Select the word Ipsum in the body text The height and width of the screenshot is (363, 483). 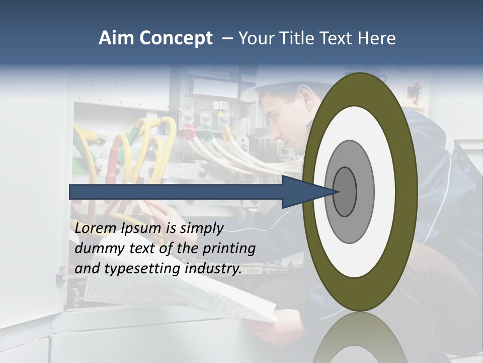141,229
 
